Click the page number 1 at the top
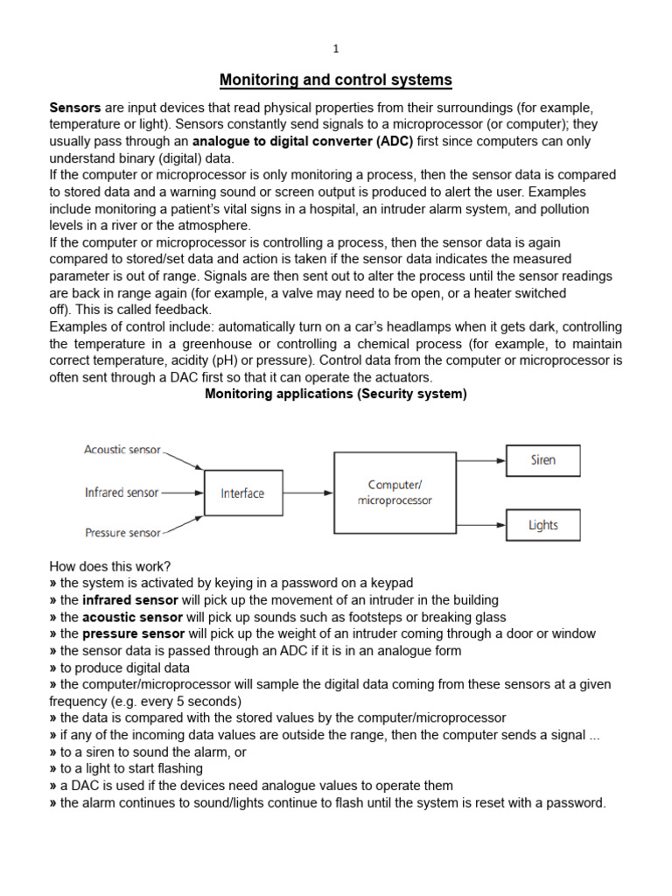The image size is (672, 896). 335,50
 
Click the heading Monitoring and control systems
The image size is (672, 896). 335,80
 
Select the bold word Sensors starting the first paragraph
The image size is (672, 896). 75,108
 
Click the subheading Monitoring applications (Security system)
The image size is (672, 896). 336,394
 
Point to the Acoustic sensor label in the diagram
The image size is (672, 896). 122,450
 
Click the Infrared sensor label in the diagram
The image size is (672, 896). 122,493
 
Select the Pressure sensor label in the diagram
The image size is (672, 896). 122,532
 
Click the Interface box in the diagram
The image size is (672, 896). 242,493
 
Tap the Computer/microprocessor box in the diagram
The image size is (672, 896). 395,493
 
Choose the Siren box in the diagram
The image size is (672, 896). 542,460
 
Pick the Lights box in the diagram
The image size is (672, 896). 542,525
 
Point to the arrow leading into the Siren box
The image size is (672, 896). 481,460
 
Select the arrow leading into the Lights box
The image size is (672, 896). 481,525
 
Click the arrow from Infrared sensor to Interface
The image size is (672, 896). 182,493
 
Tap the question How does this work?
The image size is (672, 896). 104,566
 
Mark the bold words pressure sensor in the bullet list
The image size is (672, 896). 133,633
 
